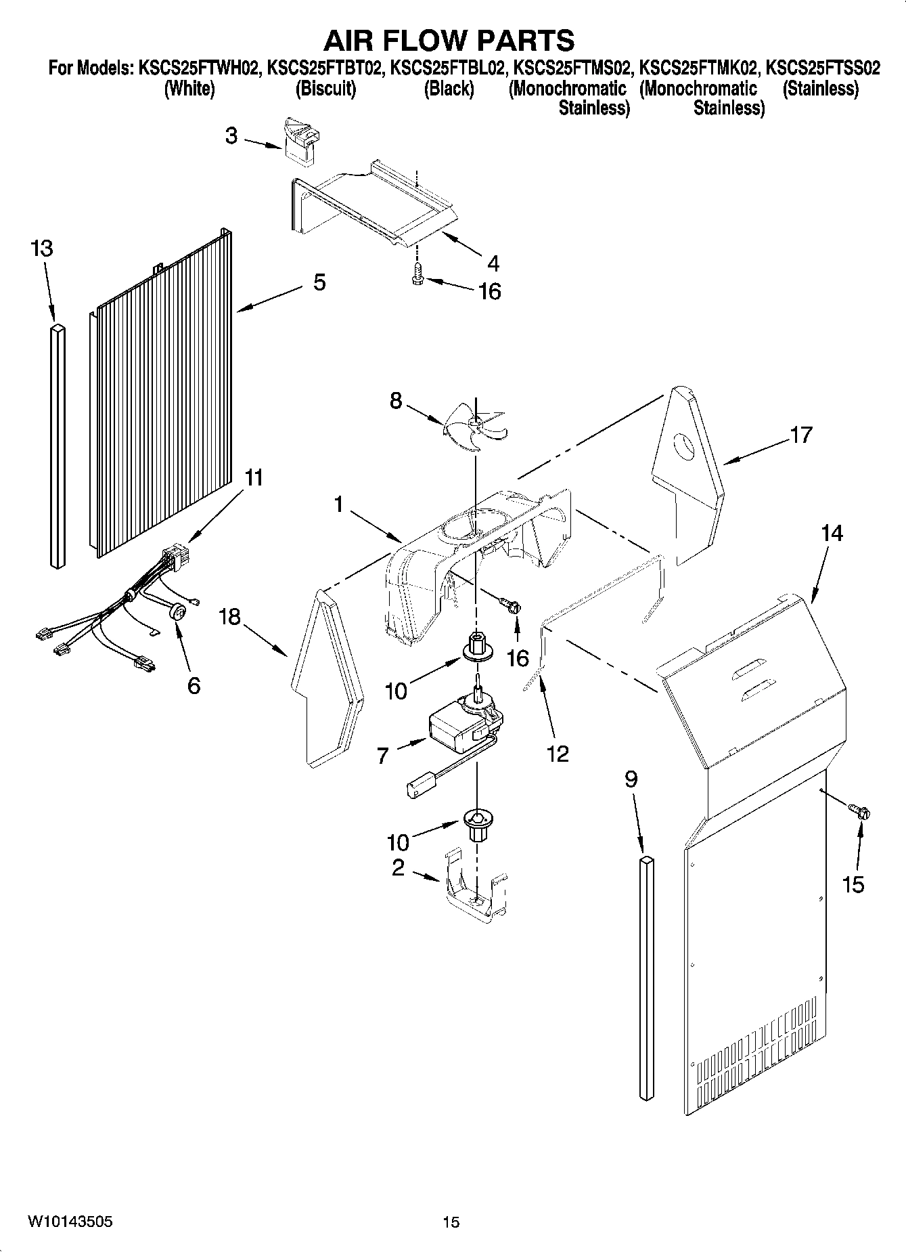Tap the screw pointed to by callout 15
860,811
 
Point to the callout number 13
41,249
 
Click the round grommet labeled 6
179,612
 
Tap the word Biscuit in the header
325,89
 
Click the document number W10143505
70,1222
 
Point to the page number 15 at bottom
451,1222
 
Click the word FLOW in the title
449,41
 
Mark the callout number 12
558,753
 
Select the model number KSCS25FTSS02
823,68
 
